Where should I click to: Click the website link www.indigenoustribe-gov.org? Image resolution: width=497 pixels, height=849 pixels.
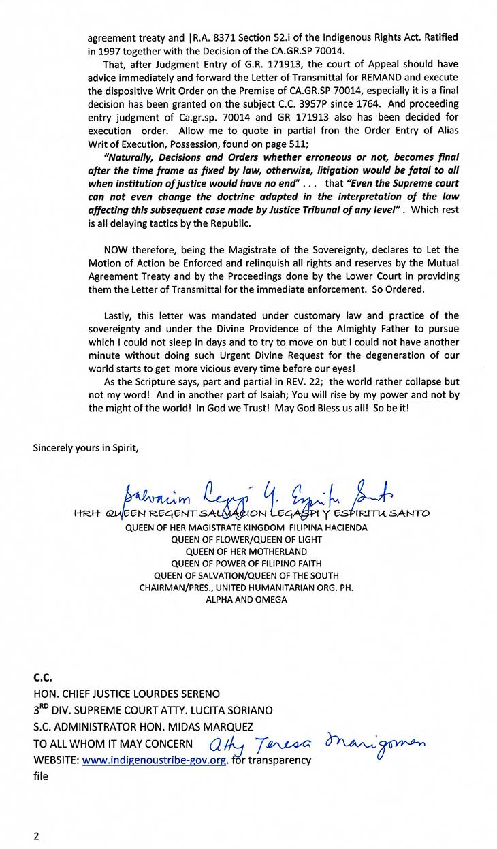point(154,760)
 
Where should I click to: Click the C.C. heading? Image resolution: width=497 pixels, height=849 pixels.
point(43,678)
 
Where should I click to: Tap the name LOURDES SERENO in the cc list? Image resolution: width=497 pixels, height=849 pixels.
point(175,694)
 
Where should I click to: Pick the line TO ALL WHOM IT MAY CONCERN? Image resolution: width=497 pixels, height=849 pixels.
point(113,744)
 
